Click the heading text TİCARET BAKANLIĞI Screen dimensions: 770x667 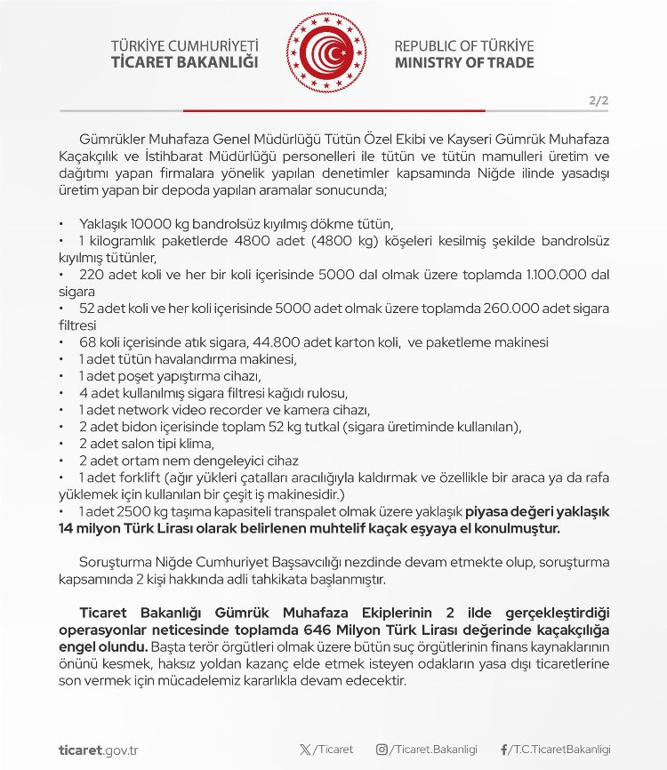pyautogui.click(x=183, y=63)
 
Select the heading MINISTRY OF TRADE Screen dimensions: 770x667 pyautogui.click(x=464, y=63)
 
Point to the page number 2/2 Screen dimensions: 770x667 pyautogui.click(x=597, y=101)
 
